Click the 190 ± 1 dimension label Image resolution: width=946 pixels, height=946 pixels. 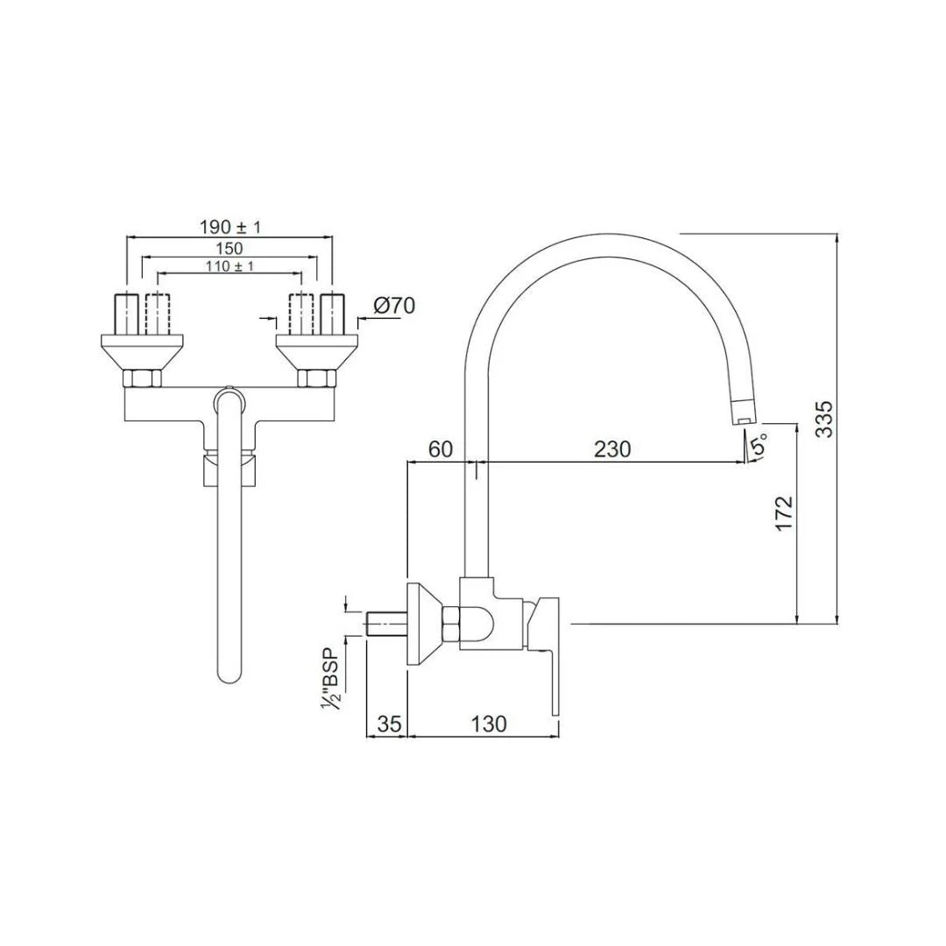pos(230,227)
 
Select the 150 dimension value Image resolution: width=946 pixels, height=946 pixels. pos(229,248)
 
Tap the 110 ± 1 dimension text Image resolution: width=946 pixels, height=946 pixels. pos(229,265)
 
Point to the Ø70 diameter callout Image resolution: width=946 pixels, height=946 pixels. pos(393,306)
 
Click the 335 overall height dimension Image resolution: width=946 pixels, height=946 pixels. pos(824,420)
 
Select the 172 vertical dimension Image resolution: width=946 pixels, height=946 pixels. pos(783,512)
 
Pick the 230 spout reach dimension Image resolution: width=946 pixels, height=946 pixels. pos(611,449)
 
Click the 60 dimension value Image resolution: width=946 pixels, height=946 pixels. pos(440,449)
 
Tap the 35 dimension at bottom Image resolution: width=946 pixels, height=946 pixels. pos(389,724)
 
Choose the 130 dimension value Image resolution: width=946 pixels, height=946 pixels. pos(488,724)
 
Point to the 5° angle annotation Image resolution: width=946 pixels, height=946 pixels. pos(758,446)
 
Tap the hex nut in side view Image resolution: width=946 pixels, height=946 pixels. pos(451,627)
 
